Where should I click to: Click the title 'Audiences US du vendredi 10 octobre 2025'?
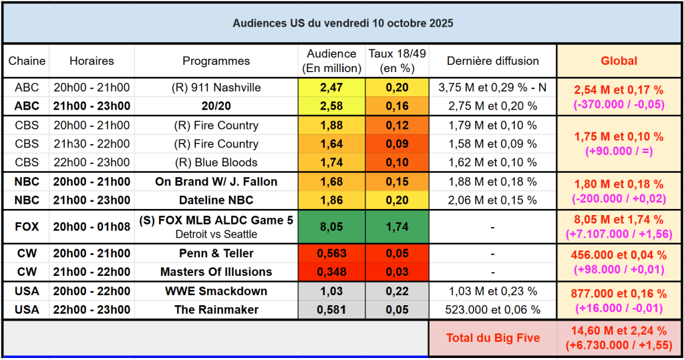tap(343, 23)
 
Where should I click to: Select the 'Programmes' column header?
tap(216, 61)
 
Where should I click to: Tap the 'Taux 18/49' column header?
tap(397, 61)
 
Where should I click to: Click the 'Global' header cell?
tap(619, 61)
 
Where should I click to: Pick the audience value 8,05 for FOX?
tap(331, 227)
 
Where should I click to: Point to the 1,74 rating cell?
tap(397, 227)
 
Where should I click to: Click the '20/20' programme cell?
tap(216, 106)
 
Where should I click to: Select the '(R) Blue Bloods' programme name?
tap(216, 162)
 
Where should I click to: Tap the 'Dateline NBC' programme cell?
tap(216, 200)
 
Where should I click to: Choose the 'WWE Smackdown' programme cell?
tap(216, 291)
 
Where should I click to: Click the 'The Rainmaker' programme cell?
tap(216, 310)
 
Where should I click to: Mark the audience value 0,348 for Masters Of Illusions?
tap(331, 272)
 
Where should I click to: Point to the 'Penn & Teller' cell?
tap(216, 254)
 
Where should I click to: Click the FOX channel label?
tap(27, 227)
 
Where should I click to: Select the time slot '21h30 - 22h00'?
tap(92, 144)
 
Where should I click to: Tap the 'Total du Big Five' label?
tap(493, 338)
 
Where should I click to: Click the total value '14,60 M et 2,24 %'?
tap(619, 331)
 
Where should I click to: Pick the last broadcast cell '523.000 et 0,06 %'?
tap(492, 310)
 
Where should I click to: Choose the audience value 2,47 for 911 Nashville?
tap(331, 87)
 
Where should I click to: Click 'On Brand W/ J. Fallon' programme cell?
tap(216, 182)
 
